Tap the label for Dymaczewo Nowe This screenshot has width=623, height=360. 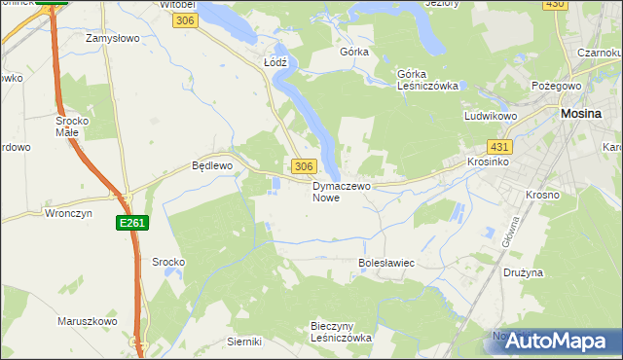point(342,191)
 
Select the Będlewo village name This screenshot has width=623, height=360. point(211,165)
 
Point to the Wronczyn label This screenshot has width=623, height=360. point(69,212)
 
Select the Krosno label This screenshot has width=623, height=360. point(542,195)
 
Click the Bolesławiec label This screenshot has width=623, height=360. point(386,263)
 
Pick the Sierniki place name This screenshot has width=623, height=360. point(244,342)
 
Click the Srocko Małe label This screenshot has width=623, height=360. point(73,126)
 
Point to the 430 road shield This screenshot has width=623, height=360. point(555,5)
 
